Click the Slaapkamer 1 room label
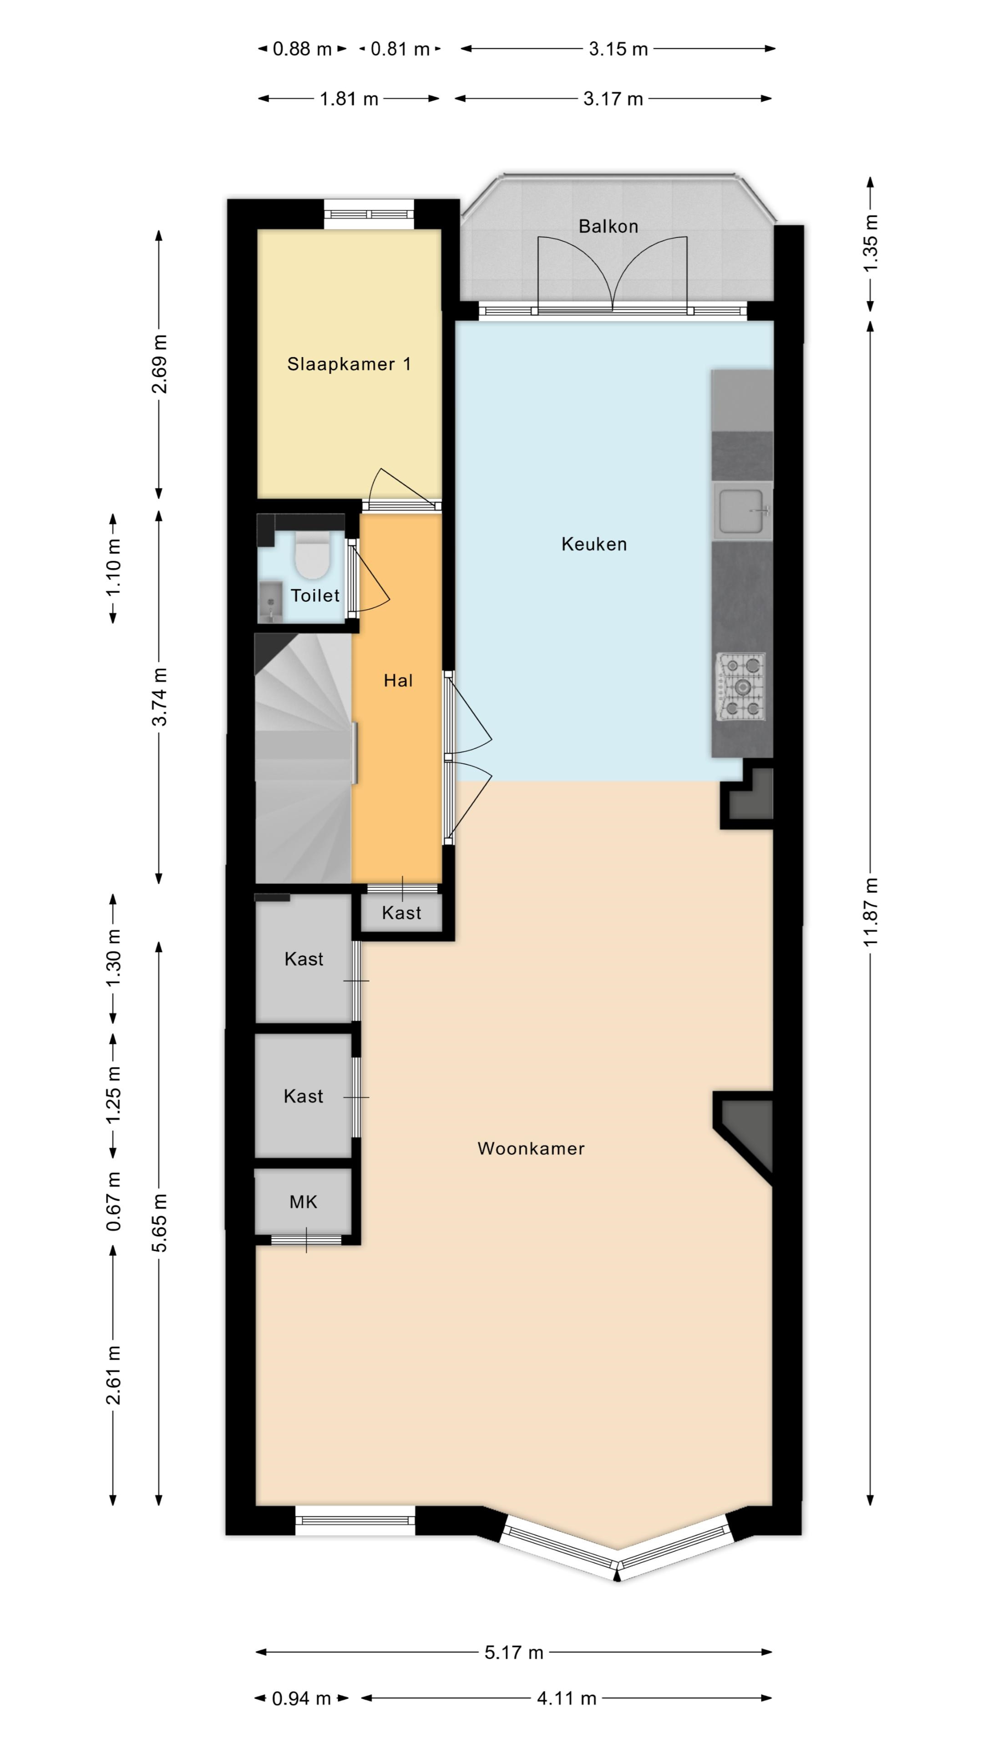click(x=349, y=364)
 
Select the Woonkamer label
click(x=531, y=1148)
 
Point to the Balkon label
click(x=608, y=227)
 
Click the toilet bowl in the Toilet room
click(x=312, y=555)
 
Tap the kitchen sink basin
click(x=742, y=510)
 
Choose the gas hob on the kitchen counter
click(x=741, y=687)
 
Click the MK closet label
click(x=303, y=1202)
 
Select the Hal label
click(x=398, y=681)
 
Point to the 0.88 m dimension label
click(x=302, y=49)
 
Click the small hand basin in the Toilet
click(x=270, y=601)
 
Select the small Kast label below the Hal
click(x=401, y=913)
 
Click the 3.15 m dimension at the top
click(x=618, y=49)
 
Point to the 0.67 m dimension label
click(x=114, y=1201)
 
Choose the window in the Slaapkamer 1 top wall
click(x=368, y=214)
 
